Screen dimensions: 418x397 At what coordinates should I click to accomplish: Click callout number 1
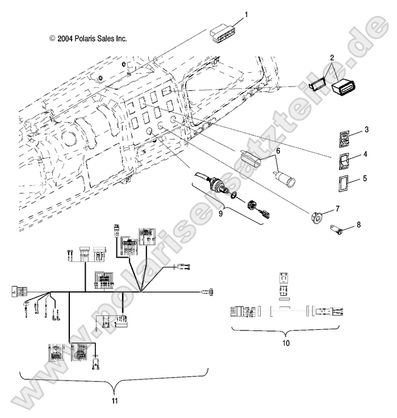click(246, 13)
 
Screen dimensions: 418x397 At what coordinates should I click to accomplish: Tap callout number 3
click(366, 130)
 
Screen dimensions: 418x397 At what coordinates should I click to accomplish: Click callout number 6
click(278, 151)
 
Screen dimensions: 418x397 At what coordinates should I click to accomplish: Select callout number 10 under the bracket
click(286, 343)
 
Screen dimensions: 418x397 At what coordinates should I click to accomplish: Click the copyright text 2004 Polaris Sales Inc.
click(88, 39)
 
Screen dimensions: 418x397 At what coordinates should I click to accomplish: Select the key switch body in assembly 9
click(216, 186)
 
